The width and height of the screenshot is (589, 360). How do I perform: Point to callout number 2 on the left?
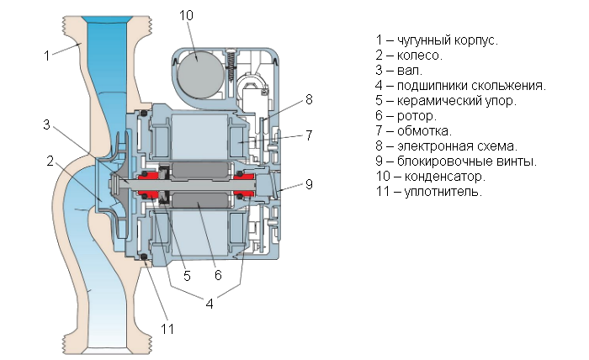click(x=51, y=160)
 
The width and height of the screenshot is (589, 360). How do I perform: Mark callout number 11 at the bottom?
click(x=167, y=330)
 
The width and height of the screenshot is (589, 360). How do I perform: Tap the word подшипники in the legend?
click(x=438, y=85)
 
